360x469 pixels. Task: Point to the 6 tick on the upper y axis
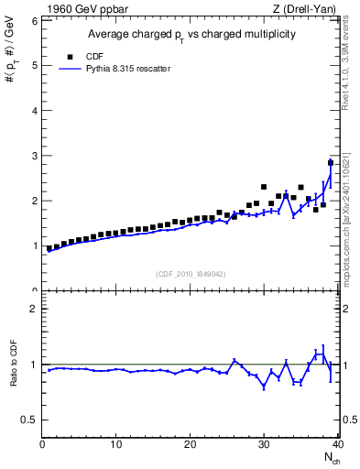[x=34, y=20]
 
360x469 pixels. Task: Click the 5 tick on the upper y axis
[x=34, y=65]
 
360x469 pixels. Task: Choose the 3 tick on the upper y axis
[x=34, y=156]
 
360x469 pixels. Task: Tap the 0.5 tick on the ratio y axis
[x=30, y=420]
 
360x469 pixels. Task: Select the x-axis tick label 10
[x=116, y=445]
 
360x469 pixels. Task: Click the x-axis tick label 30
[x=264, y=445]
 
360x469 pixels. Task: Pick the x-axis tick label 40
[x=336, y=445]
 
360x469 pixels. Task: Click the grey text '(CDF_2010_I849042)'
[x=191, y=274]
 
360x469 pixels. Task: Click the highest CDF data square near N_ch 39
[x=330, y=163]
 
